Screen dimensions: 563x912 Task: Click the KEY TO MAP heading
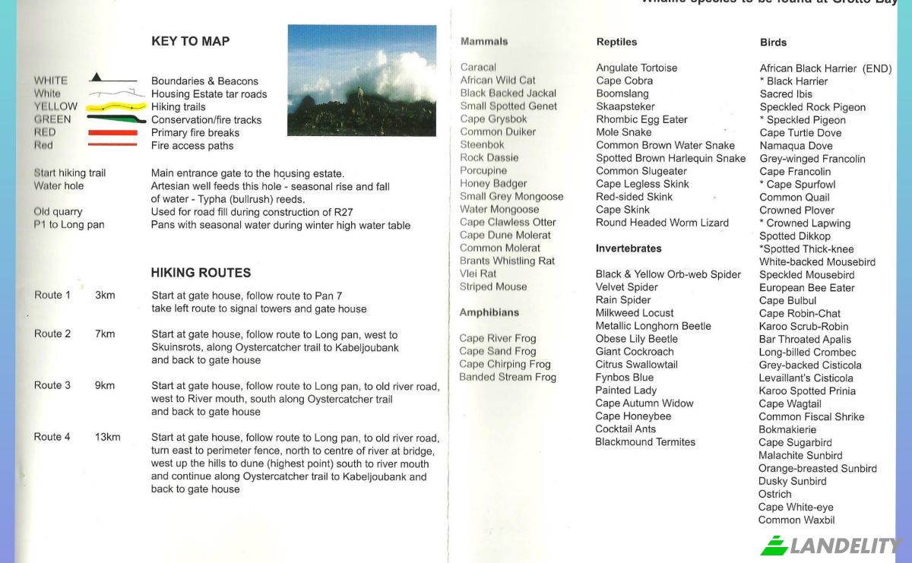tap(190, 42)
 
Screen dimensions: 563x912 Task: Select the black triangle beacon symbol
tap(96, 77)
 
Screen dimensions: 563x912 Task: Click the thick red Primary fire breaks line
tap(112, 133)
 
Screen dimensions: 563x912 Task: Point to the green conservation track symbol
tap(114, 119)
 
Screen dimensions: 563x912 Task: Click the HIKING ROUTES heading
tap(201, 273)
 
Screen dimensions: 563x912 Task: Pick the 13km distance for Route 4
tap(107, 437)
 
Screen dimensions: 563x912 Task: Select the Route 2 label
tap(52, 334)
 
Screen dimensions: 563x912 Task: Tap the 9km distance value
tap(105, 385)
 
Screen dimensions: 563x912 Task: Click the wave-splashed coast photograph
tap(362, 80)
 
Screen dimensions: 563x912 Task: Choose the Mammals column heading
tap(484, 42)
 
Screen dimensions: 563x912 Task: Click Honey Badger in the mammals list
tap(493, 183)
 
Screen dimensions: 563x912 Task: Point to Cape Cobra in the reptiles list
tap(624, 81)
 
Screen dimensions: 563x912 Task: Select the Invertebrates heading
tap(629, 248)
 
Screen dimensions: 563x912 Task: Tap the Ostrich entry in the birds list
tap(774, 494)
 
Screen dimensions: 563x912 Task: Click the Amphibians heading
tap(489, 312)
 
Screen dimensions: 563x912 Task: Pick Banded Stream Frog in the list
tap(508, 377)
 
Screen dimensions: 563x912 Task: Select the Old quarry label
tap(58, 212)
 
